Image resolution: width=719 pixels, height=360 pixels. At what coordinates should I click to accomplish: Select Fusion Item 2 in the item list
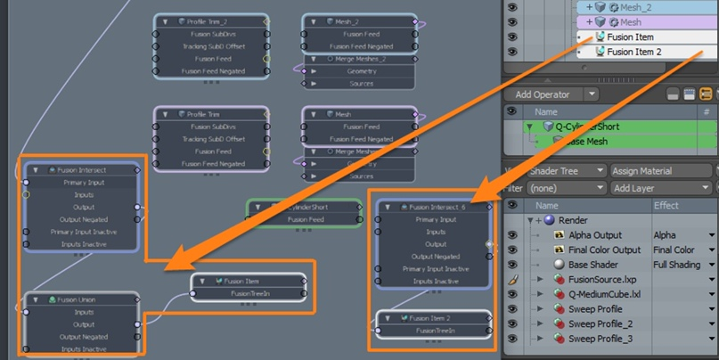coord(634,52)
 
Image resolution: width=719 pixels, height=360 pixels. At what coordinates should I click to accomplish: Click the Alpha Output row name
coord(594,235)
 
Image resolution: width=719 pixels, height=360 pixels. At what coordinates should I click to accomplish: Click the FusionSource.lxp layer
coord(601,280)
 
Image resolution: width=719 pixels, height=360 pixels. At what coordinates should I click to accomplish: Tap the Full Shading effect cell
coord(682,265)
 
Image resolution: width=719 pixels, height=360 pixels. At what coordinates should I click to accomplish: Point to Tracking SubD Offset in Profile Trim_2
coord(211,46)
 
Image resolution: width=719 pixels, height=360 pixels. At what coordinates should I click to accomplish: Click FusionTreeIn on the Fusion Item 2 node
coord(433,331)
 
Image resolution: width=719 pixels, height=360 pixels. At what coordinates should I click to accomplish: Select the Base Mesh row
coord(586,142)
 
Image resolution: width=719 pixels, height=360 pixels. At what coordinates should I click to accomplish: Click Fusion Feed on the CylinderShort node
coord(306,219)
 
